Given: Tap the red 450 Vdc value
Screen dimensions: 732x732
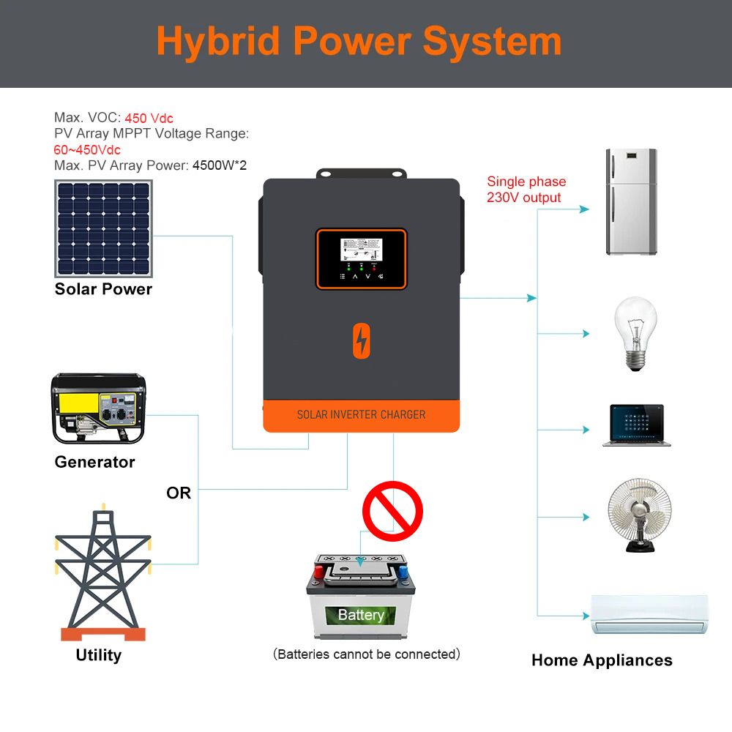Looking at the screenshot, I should [x=149, y=118].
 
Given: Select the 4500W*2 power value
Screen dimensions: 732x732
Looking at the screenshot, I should [x=219, y=165].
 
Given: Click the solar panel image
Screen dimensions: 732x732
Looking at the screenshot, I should [x=103, y=228].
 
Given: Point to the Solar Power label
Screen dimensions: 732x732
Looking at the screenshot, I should [x=103, y=289].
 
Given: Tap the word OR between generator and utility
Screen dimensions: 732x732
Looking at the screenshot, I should [x=179, y=493].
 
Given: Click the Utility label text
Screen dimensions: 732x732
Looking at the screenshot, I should [x=99, y=655].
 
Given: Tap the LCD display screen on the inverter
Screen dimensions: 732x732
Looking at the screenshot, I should [x=361, y=251].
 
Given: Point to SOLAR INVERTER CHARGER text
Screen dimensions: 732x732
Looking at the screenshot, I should [x=361, y=415].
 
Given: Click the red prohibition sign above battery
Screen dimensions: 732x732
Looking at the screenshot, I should [x=393, y=510].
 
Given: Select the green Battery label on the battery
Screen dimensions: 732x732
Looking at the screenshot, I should [x=361, y=615].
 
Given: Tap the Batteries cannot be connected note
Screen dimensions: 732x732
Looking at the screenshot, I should [x=366, y=654].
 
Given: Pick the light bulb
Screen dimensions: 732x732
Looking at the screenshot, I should [x=635, y=333].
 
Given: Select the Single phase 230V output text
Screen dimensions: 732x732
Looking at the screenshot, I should [x=526, y=190].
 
